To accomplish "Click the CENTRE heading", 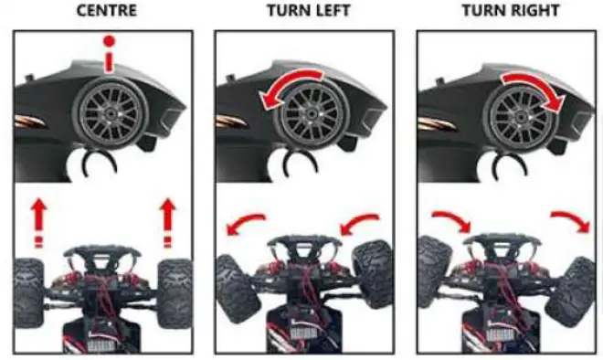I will pos(107,13).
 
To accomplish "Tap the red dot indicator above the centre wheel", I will pos(109,42).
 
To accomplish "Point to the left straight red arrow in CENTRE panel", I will pos(37,219).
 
